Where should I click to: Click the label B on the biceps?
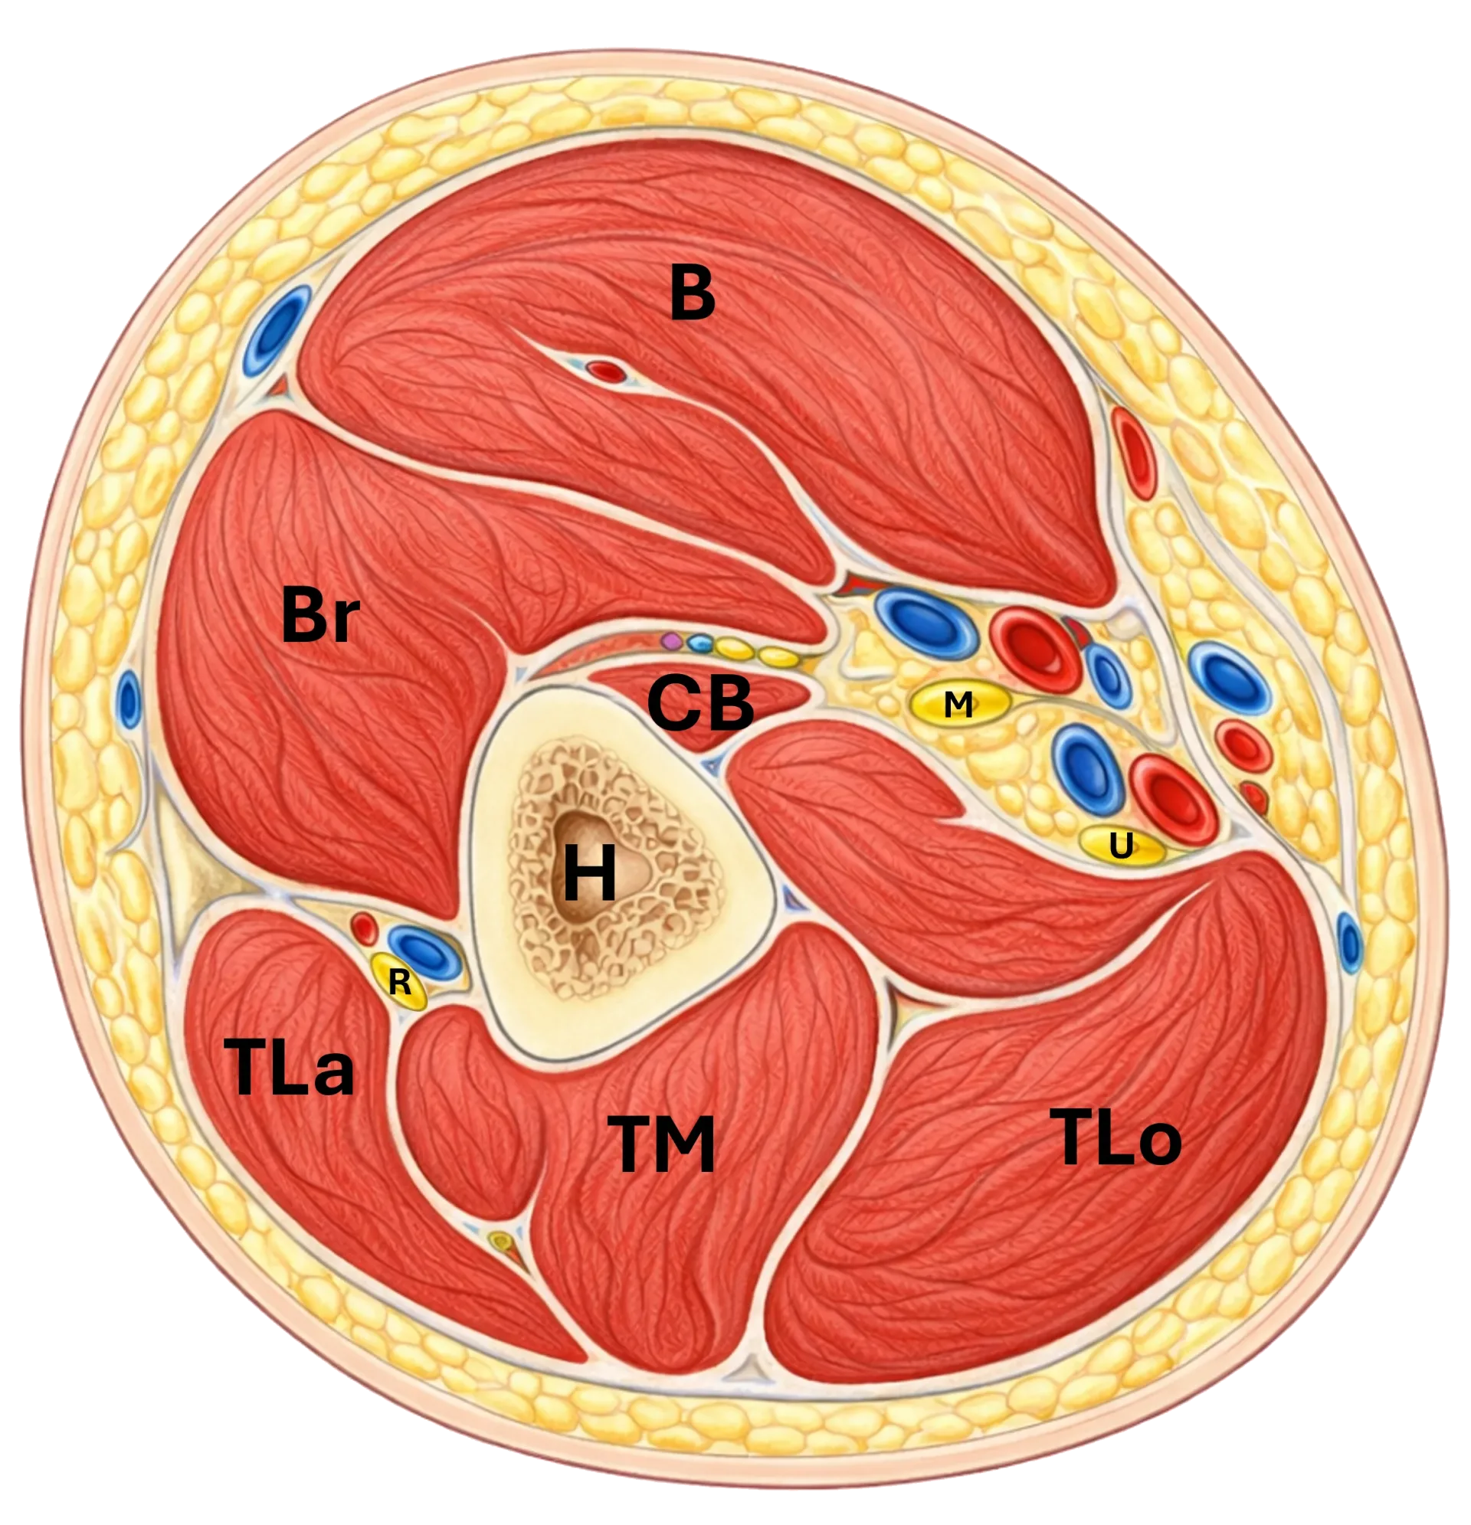click(x=692, y=293)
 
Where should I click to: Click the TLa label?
click(x=289, y=1067)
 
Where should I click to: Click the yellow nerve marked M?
click(x=960, y=704)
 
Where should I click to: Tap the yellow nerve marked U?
click(x=1122, y=845)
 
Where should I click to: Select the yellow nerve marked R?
click(x=399, y=982)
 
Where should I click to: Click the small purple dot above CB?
click(x=671, y=642)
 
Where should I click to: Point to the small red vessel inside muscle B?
click(x=606, y=371)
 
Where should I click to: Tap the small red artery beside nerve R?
click(x=364, y=929)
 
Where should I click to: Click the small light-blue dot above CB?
click(x=699, y=643)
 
